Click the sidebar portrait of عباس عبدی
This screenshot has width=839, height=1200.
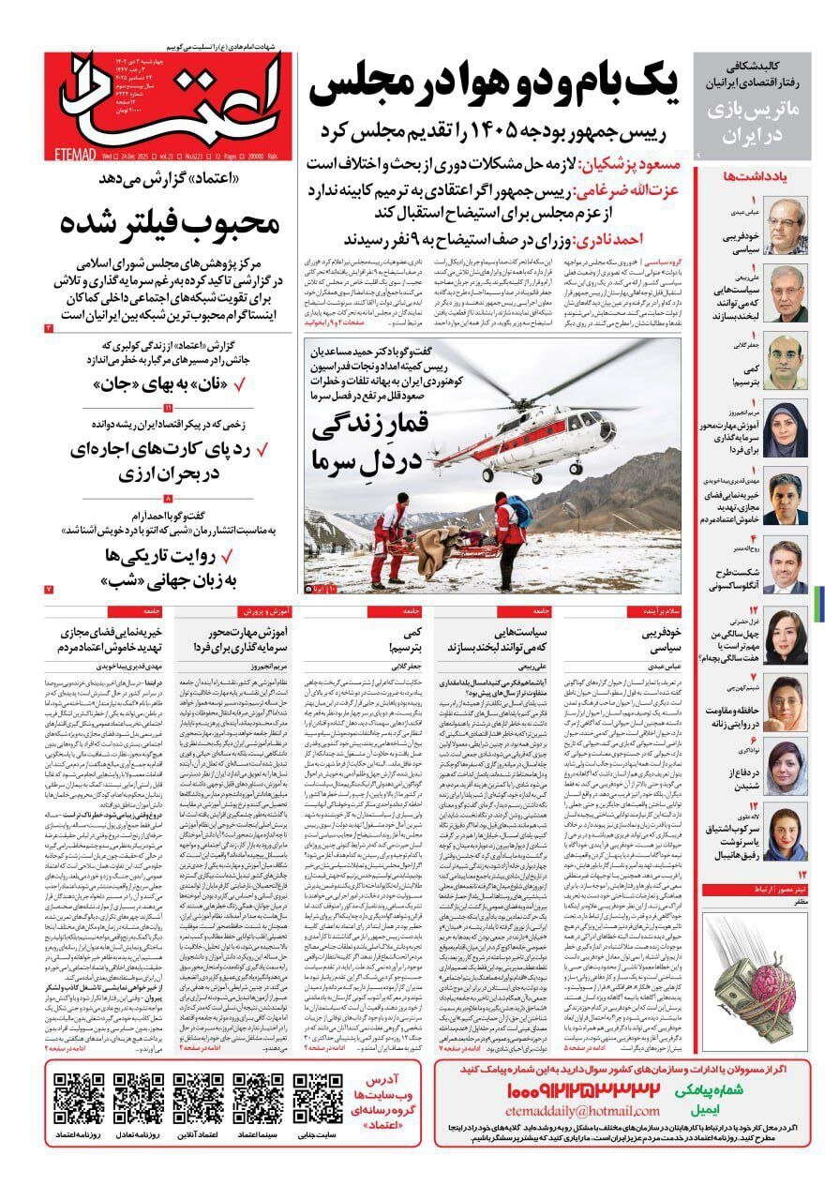[786, 225]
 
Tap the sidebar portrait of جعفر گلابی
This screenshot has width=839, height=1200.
[786, 362]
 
